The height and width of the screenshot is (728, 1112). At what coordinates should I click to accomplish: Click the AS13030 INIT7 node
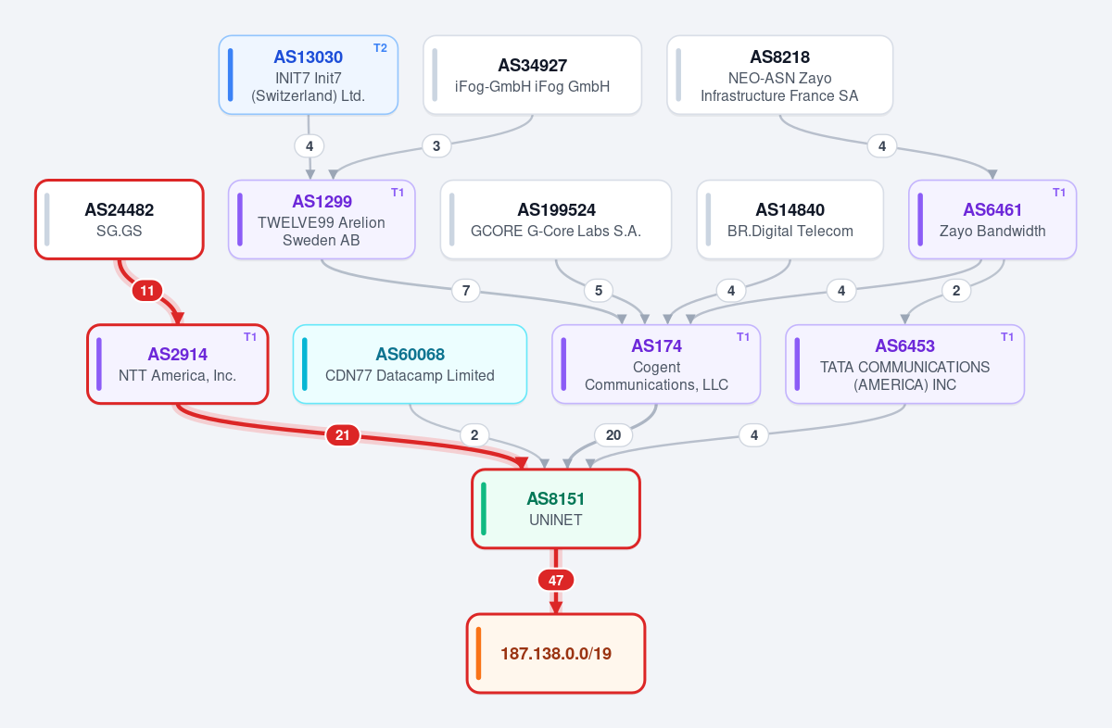pyautogui.click(x=309, y=75)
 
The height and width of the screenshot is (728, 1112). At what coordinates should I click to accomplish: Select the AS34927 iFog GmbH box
pyautogui.click(x=532, y=75)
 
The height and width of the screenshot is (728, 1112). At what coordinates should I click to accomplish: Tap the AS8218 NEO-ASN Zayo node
pyautogui.click(x=780, y=75)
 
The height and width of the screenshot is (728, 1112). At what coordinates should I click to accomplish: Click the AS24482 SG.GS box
pyautogui.click(x=120, y=220)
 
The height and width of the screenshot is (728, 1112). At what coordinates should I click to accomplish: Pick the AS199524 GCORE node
pyautogui.click(x=556, y=220)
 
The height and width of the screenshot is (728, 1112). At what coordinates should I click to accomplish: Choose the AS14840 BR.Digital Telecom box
pyautogui.click(x=790, y=220)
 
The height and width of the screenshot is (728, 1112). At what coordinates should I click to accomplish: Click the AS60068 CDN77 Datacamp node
pyautogui.click(x=410, y=364)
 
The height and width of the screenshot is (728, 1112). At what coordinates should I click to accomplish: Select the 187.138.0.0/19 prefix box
pyautogui.click(x=556, y=653)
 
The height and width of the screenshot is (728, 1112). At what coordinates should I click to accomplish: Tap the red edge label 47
pyautogui.click(x=556, y=580)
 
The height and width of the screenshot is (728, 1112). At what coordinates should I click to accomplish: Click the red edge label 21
pyautogui.click(x=343, y=435)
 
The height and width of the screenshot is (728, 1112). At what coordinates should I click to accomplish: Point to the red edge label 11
pyautogui.click(x=147, y=291)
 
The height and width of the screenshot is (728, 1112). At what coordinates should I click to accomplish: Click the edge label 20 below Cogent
pyautogui.click(x=613, y=435)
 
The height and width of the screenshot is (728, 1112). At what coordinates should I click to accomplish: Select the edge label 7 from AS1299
pyautogui.click(x=466, y=291)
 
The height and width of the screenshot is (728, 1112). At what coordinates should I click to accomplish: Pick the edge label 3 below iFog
pyautogui.click(x=436, y=146)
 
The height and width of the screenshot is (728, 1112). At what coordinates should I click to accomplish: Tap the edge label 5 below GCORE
pyautogui.click(x=599, y=291)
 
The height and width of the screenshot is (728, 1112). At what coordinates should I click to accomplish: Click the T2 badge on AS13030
pyautogui.click(x=380, y=48)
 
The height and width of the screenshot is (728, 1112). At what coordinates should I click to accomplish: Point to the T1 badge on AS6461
pyautogui.click(x=1059, y=193)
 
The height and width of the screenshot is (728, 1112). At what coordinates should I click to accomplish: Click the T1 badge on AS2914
pyautogui.click(x=250, y=337)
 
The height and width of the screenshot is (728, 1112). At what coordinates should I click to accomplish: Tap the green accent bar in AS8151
pyautogui.click(x=484, y=508)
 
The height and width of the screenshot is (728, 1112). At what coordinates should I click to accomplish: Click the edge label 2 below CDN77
pyautogui.click(x=474, y=435)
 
